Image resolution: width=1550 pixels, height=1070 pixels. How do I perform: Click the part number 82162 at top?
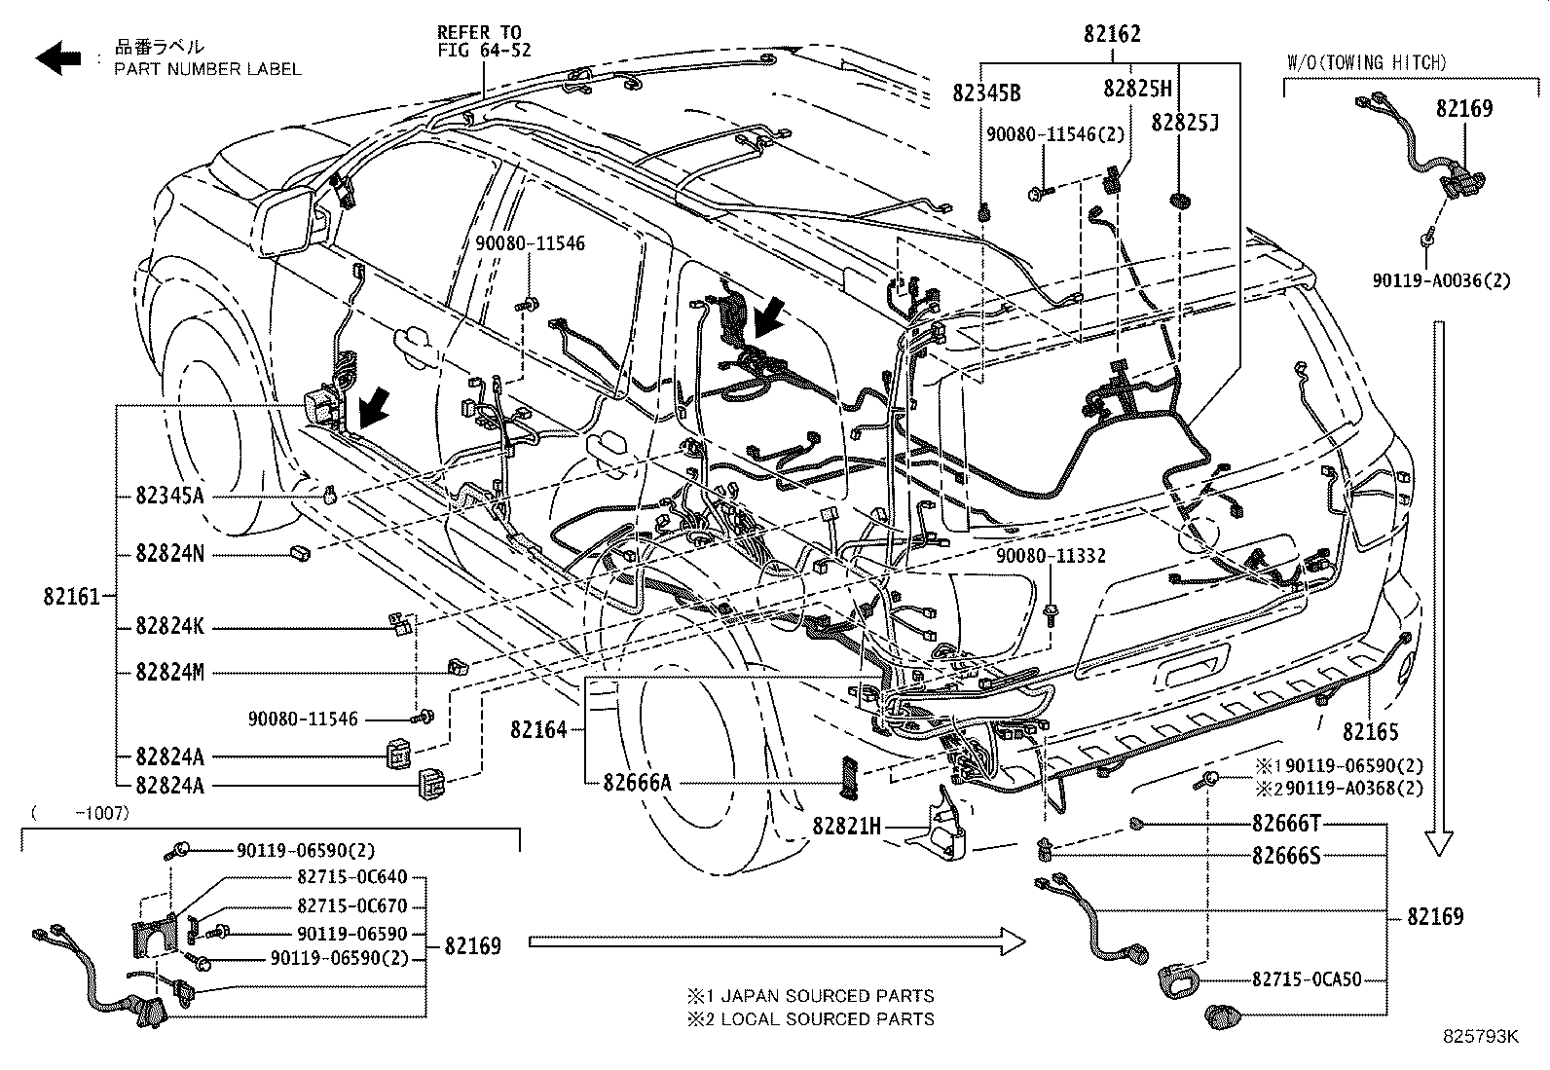1112,33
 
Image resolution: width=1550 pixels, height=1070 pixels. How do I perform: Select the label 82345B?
986,92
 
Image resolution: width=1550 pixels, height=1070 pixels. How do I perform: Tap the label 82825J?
1185,123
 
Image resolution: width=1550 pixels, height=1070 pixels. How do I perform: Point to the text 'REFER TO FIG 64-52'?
484,42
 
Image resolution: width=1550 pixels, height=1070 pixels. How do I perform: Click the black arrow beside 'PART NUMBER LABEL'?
58,56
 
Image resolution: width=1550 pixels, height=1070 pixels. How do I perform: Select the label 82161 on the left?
72,596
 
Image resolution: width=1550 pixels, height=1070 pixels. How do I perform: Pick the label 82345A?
169,496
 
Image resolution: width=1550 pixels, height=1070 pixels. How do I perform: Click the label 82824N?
169,554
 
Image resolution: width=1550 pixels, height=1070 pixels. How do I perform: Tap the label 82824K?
169,626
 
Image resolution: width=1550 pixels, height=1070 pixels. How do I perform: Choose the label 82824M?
169,672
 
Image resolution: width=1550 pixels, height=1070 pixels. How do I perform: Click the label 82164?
538,729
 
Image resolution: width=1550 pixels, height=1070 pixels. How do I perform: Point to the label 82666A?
638,782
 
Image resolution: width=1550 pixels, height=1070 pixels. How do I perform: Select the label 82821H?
846,826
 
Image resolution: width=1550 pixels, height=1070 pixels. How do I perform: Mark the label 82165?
1370,731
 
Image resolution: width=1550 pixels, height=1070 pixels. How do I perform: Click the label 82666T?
1286,823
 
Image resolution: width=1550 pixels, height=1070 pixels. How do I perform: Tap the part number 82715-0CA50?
1307,979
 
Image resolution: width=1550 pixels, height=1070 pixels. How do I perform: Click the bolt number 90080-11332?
1051,556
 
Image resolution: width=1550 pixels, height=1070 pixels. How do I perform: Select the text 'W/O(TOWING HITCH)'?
1367,63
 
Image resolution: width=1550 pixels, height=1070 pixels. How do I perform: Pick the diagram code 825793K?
1480,1036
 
